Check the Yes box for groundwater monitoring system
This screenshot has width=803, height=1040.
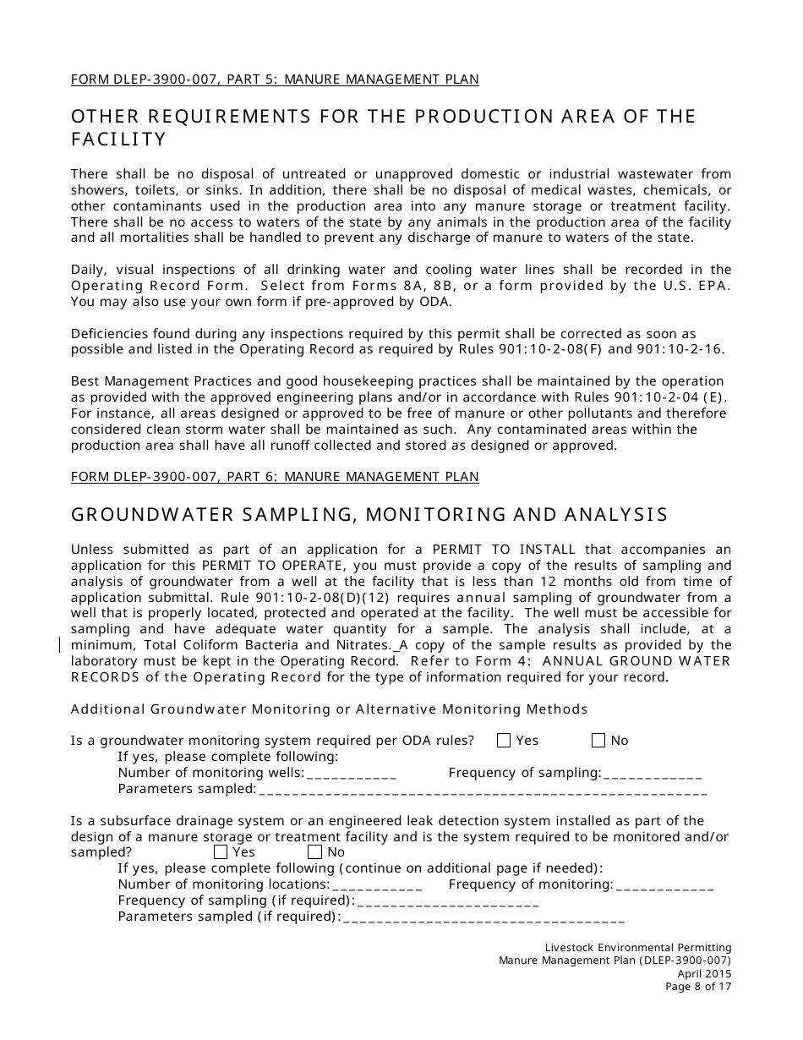(504, 741)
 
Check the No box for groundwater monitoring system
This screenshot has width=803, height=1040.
(598, 741)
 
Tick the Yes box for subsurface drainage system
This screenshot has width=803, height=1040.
(221, 852)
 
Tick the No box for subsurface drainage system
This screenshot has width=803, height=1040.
(315, 852)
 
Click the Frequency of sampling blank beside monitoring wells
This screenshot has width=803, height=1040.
(652, 773)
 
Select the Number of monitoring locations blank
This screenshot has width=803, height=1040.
(377, 884)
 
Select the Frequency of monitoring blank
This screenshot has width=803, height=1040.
(664, 884)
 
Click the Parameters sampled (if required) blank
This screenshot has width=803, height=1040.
(483, 917)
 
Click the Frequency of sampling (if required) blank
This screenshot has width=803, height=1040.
(448, 900)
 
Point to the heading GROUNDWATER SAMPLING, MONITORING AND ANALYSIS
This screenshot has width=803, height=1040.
(369, 514)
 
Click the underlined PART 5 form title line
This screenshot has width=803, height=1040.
(275, 79)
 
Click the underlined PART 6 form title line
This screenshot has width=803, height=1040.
(275, 477)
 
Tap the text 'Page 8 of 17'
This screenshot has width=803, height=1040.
(698, 986)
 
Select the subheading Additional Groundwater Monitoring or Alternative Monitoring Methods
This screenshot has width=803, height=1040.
(329, 709)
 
